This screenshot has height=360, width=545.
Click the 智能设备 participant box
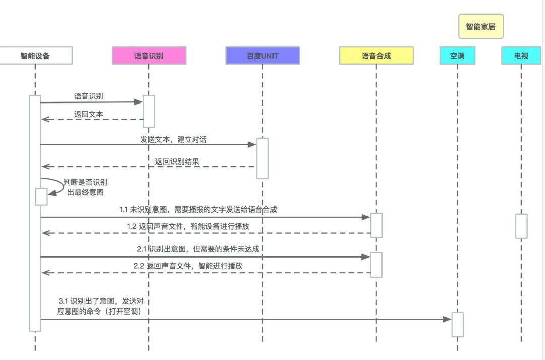(35, 56)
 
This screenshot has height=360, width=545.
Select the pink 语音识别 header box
(149, 56)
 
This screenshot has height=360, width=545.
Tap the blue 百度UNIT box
(262, 56)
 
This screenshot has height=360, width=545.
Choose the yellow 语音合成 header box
(376, 56)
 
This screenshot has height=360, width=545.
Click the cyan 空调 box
(457, 56)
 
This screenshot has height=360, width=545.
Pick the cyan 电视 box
(521, 56)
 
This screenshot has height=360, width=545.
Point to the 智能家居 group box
(481, 27)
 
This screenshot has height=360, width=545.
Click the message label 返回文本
(89, 114)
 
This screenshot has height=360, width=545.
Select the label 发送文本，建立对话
(173, 139)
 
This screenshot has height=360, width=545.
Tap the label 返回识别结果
(177, 162)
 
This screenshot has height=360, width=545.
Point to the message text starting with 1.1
(198, 209)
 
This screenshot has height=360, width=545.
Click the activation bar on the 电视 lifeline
(521, 226)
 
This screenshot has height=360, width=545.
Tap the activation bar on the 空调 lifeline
(457, 324)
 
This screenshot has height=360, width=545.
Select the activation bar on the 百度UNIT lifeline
(262, 158)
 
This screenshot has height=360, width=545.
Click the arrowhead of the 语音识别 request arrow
(139, 102)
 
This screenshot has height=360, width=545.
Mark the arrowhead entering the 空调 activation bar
(447, 319)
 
